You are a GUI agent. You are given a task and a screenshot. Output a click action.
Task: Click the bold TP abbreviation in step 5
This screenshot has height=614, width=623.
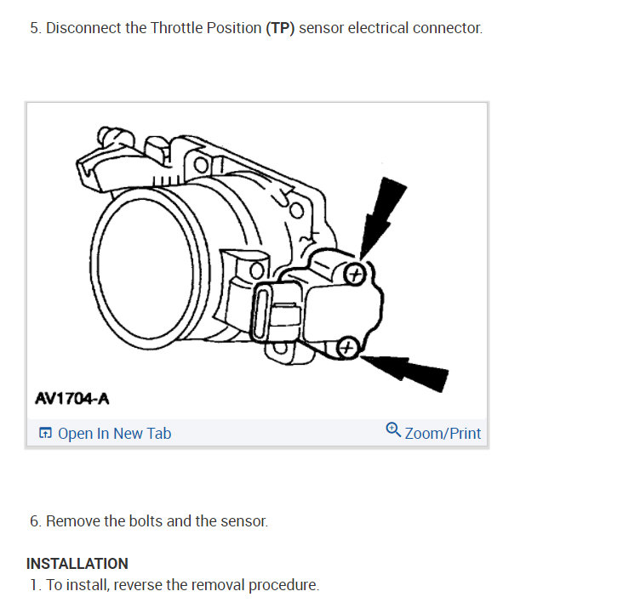click(x=279, y=28)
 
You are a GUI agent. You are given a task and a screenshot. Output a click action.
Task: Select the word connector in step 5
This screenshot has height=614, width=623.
click(x=449, y=28)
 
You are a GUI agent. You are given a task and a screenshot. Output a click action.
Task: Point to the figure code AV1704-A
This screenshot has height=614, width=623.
click(x=72, y=398)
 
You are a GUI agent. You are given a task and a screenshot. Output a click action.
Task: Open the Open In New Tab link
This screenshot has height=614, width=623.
click(x=114, y=434)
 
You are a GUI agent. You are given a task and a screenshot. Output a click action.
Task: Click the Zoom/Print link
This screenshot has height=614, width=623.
click(x=443, y=434)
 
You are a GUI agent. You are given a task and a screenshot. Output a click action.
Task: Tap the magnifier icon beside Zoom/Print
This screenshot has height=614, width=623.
click(x=393, y=430)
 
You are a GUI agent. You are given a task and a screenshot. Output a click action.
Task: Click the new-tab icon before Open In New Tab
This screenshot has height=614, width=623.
click(x=45, y=434)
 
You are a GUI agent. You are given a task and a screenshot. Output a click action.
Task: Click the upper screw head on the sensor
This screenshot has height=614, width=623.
click(x=357, y=273)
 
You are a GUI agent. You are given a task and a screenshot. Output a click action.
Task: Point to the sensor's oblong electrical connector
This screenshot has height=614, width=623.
click(x=263, y=314)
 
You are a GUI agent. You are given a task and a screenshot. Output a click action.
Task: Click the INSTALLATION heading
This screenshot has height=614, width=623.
click(x=77, y=564)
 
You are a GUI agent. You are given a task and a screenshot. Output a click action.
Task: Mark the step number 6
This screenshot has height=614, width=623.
click(x=34, y=521)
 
